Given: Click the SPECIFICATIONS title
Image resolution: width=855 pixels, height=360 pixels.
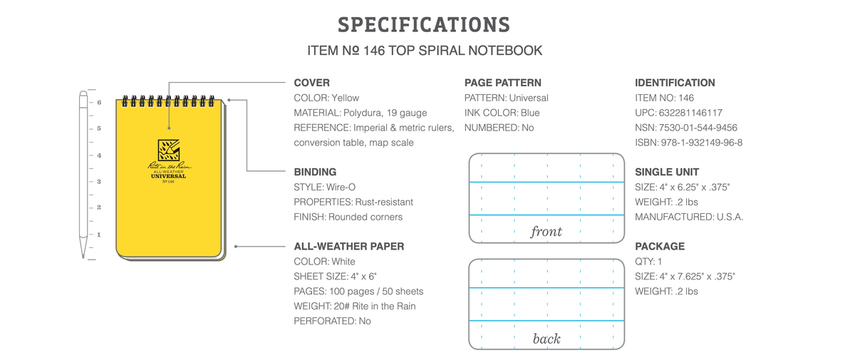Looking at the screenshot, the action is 424,25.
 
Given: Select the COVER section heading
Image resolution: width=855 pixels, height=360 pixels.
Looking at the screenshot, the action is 311,83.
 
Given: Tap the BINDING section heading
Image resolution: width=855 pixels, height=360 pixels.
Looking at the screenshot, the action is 315,173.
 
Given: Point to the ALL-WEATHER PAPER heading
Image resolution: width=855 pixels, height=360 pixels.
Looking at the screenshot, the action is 349,247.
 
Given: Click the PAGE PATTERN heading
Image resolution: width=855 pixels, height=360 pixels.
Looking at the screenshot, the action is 503,83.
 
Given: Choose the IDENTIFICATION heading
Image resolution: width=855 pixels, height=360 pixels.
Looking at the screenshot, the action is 675,83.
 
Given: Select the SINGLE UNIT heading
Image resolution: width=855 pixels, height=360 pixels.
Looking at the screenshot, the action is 667,173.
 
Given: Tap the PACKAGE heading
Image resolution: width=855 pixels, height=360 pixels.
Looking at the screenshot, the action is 660,247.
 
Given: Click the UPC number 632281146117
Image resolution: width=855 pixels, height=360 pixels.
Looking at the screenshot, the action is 690,113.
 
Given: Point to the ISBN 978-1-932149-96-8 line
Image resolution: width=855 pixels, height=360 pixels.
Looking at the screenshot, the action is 688,143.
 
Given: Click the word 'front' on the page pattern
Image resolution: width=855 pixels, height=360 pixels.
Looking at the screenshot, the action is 546,232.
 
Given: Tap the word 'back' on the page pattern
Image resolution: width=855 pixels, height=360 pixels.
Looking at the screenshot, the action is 546,339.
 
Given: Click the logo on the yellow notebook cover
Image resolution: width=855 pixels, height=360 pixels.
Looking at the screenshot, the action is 169,150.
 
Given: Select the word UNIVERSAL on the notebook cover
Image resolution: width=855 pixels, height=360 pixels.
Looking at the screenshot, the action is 168,176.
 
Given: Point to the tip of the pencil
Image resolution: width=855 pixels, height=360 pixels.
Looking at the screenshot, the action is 83,257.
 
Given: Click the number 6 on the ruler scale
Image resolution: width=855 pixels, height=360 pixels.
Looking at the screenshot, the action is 99,103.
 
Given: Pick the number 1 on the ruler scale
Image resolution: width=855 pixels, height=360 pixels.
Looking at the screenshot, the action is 99,235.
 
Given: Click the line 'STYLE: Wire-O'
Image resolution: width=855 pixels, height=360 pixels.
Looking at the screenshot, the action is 324,187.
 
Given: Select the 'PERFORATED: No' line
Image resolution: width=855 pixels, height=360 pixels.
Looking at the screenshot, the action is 332,321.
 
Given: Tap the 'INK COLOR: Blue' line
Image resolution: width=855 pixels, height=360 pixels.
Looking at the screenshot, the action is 502,113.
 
